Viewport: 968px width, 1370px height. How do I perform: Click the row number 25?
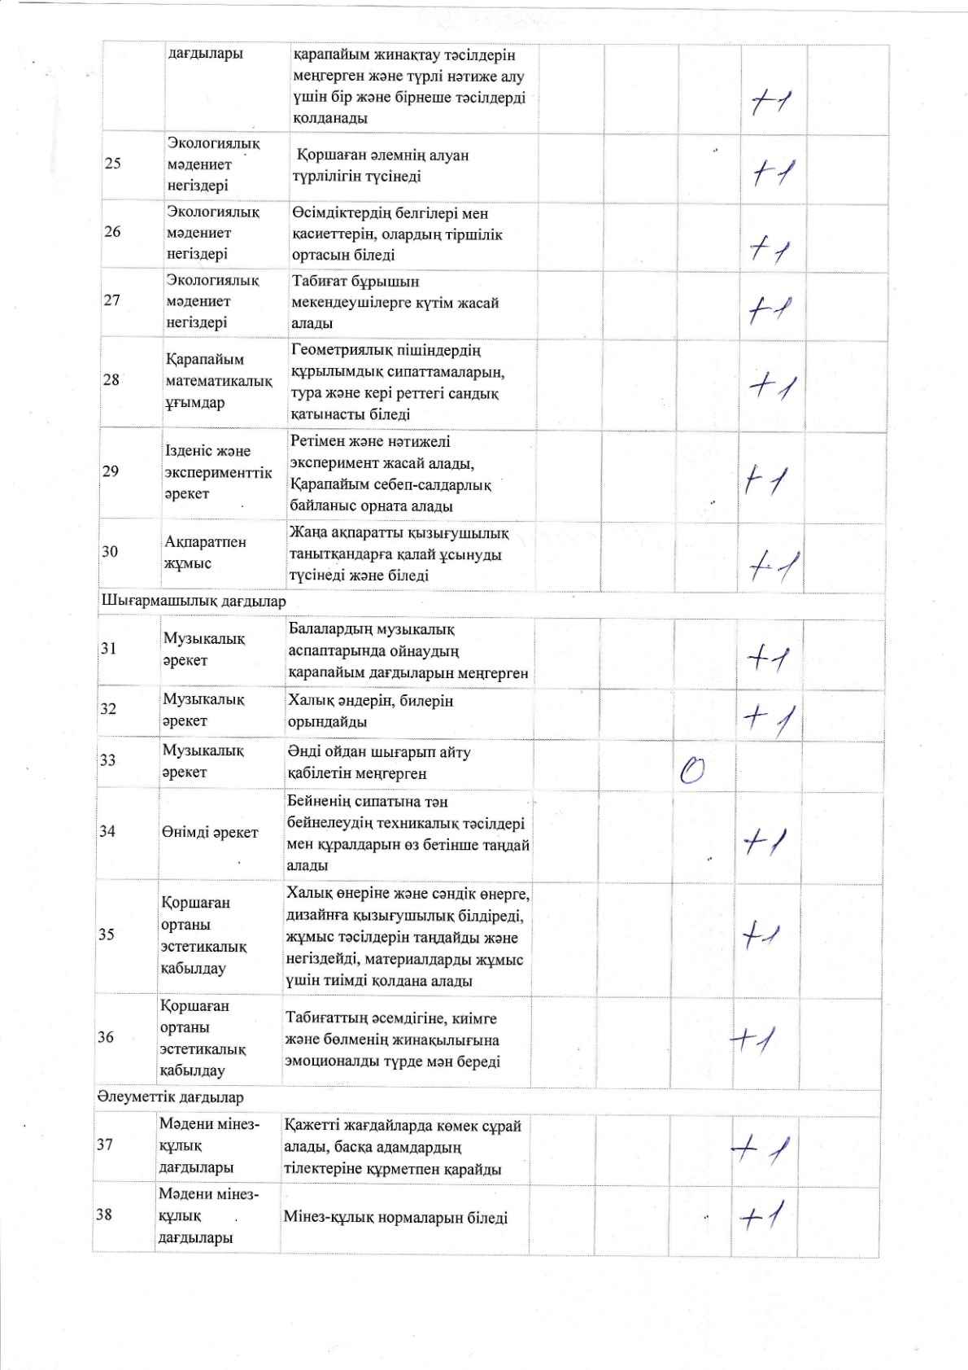point(113,164)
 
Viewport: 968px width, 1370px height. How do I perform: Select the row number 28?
point(111,380)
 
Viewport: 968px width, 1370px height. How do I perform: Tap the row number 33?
point(108,760)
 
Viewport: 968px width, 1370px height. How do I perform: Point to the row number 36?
point(106,1037)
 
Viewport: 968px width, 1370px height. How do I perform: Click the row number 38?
point(104,1215)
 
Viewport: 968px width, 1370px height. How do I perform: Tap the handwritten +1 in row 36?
point(753,1039)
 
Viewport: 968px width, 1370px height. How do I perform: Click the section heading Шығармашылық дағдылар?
point(193,602)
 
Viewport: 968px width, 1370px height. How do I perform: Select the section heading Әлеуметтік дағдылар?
point(170,1097)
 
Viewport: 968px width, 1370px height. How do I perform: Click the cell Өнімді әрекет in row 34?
point(210,832)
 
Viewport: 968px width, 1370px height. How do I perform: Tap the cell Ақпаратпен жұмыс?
point(205,552)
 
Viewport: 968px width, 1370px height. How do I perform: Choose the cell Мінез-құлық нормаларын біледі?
point(395,1218)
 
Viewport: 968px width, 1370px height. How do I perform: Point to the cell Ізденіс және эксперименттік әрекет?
point(218,472)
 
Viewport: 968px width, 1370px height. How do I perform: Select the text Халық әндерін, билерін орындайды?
point(370,711)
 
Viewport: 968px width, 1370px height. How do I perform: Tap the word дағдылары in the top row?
point(205,55)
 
